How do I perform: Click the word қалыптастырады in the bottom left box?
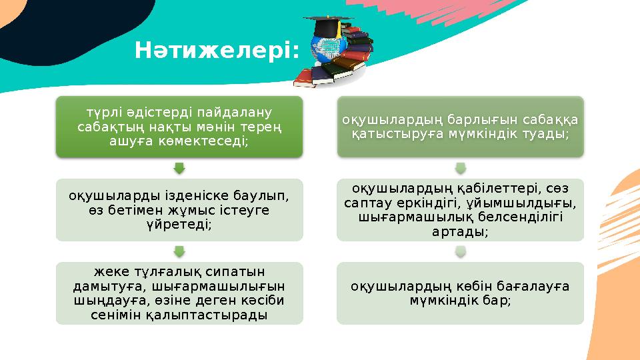click(x=223, y=315)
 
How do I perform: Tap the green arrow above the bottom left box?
click(x=179, y=251)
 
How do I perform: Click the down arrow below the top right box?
click(x=459, y=167)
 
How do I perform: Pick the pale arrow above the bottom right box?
click(x=459, y=251)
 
